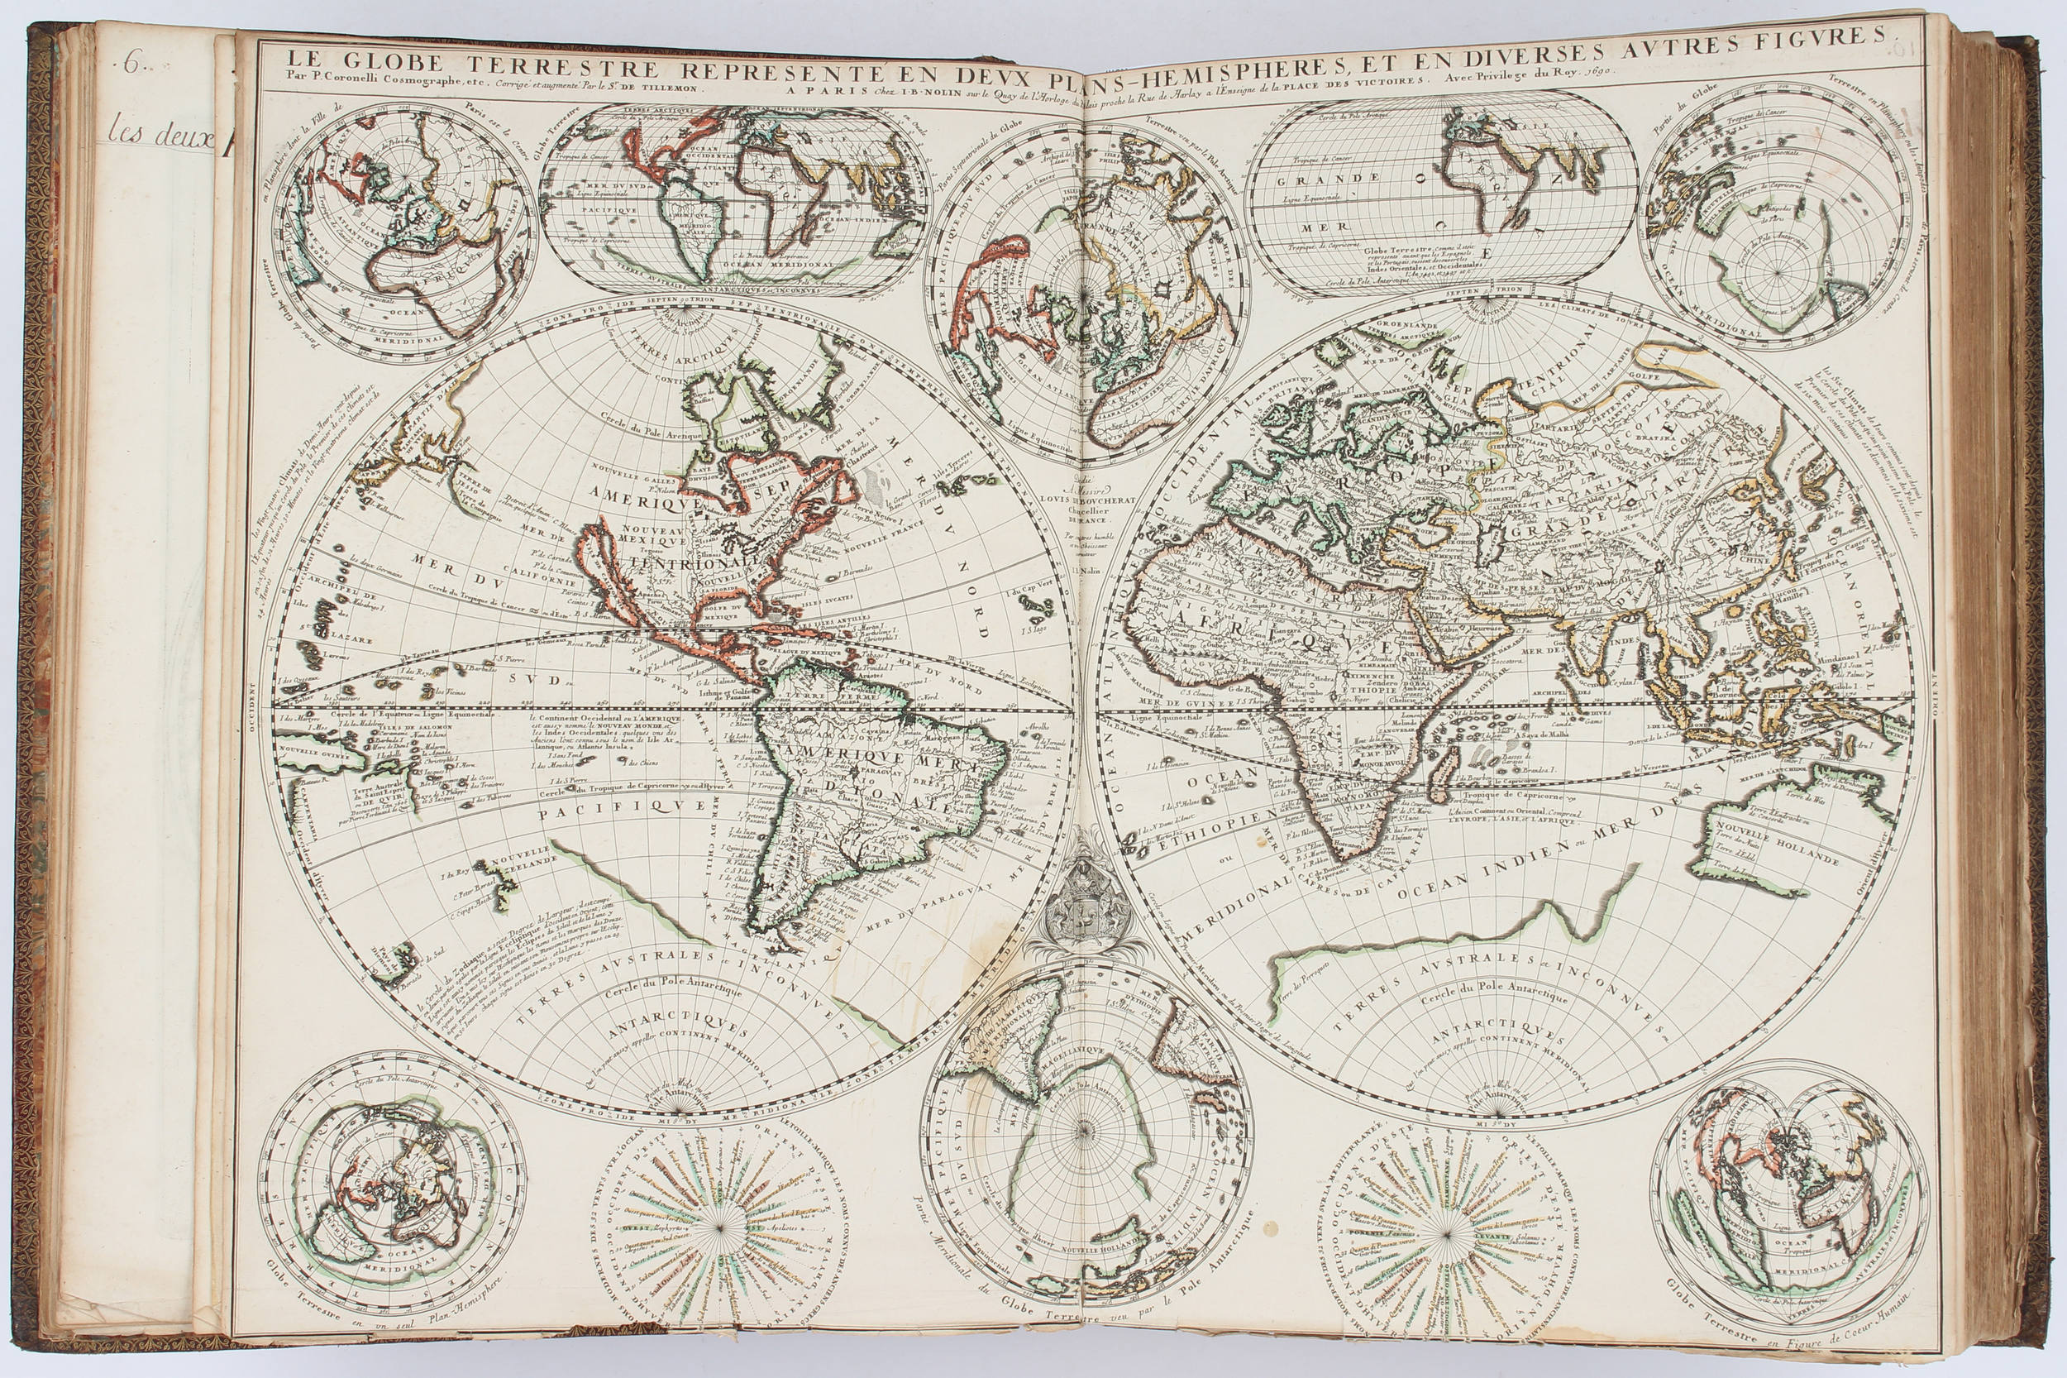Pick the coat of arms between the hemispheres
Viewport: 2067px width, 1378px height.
(x=1082, y=915)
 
